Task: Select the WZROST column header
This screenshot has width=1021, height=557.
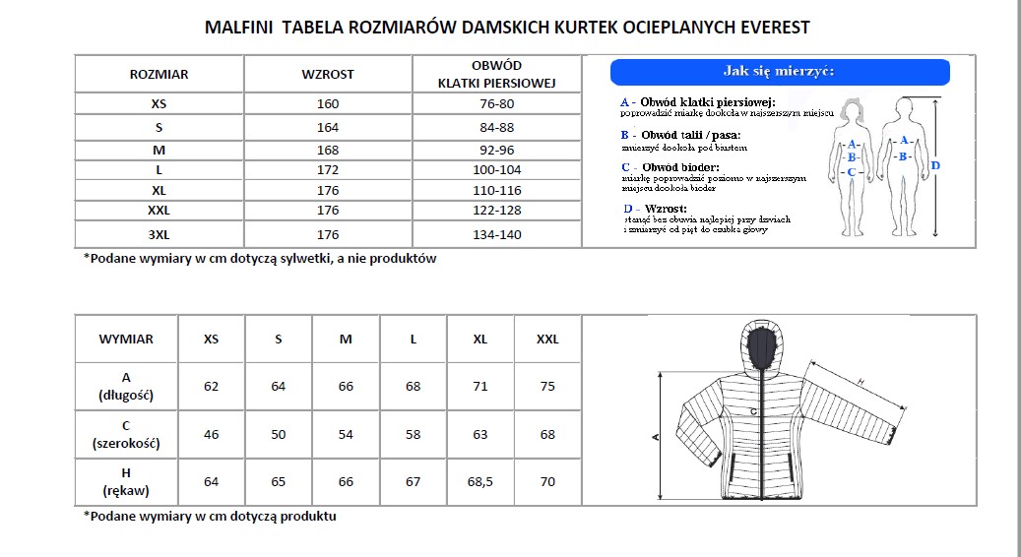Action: pos(328,74)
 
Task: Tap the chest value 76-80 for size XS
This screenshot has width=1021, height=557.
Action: pos(497,104)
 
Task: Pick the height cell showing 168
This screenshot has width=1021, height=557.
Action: pos(328,151)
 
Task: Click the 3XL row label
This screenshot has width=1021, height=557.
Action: pos(160,235)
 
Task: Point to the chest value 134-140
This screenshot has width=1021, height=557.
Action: pos(497,235)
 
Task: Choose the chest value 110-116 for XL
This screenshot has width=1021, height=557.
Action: pos(497,190)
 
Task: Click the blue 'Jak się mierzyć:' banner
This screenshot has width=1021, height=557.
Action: pos(780,72)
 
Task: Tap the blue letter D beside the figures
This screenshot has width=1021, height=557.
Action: pos(935,165)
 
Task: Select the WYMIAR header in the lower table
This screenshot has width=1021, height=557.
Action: pos(126,339)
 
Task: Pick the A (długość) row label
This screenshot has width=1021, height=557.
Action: pos(126,387)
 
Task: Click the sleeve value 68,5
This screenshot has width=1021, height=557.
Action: pos(480,482)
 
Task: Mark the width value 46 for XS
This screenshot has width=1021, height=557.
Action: pos(211,434)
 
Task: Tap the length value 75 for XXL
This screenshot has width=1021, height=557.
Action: pos(547,387)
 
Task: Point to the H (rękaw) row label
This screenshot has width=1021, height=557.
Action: pos(126,482)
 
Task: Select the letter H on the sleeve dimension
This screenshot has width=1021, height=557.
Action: pos(860,382)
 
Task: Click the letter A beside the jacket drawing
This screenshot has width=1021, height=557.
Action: pos(656,436)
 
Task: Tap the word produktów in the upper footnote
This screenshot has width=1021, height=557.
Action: pos(403,259)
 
